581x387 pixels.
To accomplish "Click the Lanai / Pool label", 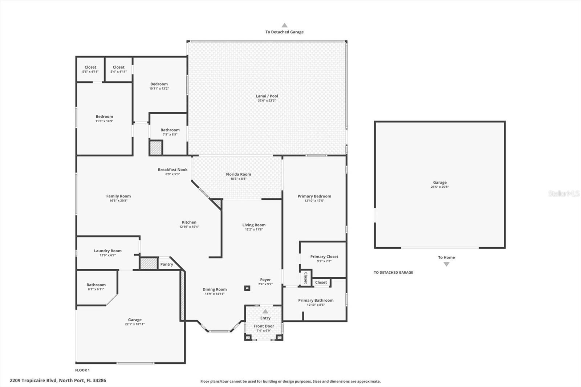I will (267, 96).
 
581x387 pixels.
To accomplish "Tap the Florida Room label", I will (238, 174).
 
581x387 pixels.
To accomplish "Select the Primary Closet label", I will (324, 257).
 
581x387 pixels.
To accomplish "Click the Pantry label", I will (167, 264).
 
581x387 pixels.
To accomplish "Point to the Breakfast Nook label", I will (172, 170).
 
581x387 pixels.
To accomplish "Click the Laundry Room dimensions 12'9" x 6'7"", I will (107, 255).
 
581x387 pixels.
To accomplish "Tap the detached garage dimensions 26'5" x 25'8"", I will (440, 187).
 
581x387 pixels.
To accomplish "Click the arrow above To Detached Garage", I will (284, 25).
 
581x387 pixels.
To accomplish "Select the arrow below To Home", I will (446, 264).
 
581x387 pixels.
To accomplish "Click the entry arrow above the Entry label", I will (265, 311).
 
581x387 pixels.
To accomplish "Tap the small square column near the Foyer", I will (247, 288).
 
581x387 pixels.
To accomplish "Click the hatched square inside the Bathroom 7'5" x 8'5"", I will (156, 148).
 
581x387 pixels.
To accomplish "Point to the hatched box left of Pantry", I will (149, 264).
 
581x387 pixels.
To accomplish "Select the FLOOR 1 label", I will (82, 370).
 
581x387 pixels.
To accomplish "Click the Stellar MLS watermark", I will (564, 193).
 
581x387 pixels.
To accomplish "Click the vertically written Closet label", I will (306, 278).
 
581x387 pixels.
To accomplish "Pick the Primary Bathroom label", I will (316, 300).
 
